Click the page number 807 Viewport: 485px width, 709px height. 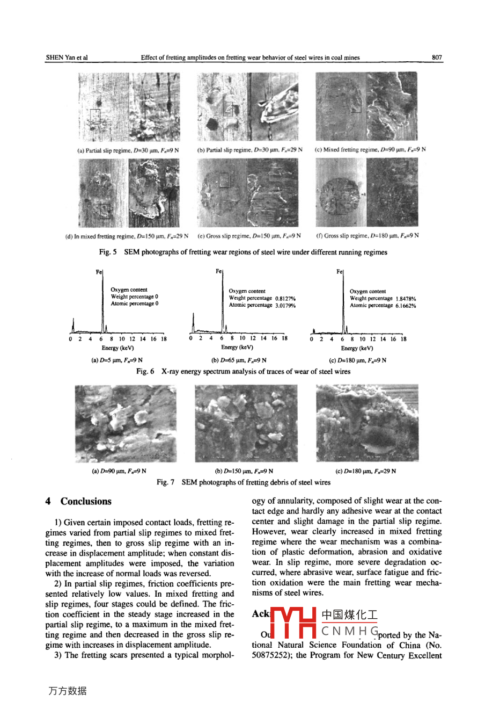[437, 57]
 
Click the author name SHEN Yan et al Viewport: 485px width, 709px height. [67, 57]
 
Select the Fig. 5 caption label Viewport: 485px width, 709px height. [108, 252]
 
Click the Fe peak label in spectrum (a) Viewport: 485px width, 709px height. [99, 272]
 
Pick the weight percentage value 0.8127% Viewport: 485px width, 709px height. [285, 299]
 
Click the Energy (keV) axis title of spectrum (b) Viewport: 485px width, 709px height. [237, 348]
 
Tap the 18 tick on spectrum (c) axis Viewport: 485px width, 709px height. [403, 339]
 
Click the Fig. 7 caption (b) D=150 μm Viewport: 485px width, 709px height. [244, 471]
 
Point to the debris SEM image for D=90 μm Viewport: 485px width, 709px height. [126, 423]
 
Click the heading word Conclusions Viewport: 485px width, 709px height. [86, 501]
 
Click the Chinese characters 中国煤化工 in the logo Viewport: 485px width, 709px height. [349, 614]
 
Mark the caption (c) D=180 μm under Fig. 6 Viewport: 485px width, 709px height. [357, 360]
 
